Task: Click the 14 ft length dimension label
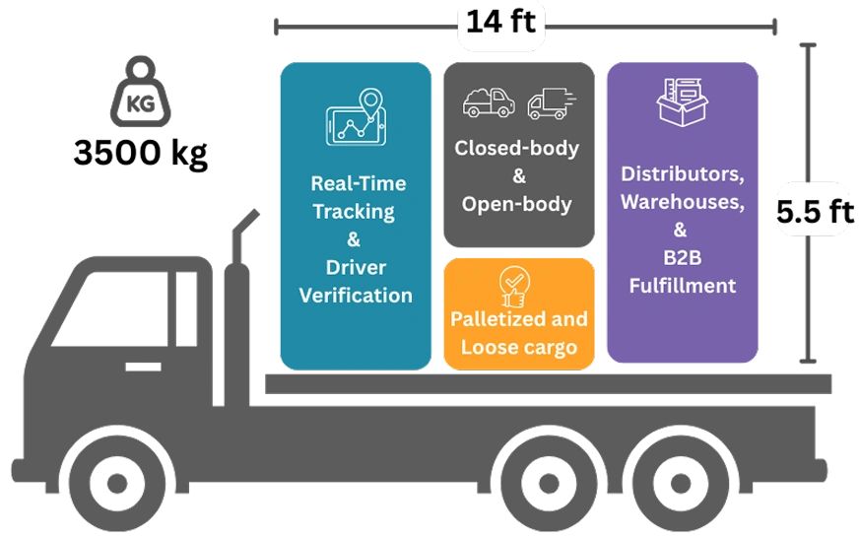pos(500,22)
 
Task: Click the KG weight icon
pos(139,96)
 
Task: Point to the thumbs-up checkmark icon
pos(513,286)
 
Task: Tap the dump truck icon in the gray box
pos(489,101)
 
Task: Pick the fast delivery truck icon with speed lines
pos(548,103)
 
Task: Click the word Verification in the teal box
pos(356,295)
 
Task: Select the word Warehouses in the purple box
pos(682,202)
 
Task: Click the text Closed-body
pos(517,148)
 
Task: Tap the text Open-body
pos(517,205)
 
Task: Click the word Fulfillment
pos(682,287)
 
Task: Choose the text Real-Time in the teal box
pos(358,183)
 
